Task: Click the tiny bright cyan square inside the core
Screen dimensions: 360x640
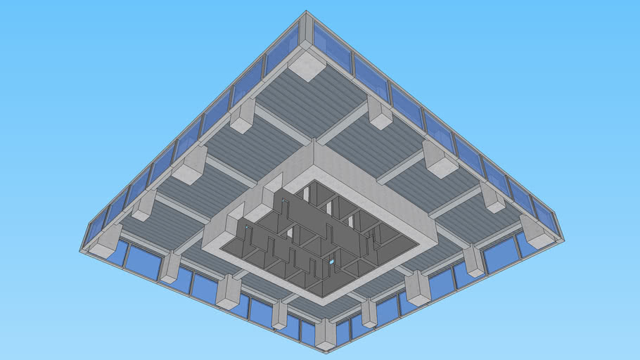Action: pyautogui.click(x=332, y=262)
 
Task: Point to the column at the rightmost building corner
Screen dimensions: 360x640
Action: pyautogui.click(x=538, y=231)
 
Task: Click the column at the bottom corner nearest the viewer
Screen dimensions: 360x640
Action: pyautogui.click(x=325, y=334)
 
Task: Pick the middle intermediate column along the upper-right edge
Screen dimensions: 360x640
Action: pyautogui.click(x=440, y=160)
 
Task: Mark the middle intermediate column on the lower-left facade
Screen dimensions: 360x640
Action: pyautogui.click(x=229, y=290)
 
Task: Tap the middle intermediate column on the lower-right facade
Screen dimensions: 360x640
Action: pyautogui.click(x=417, y=287)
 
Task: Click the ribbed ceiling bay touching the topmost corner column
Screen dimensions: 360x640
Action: pyautogui.click(x=309, y=98)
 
